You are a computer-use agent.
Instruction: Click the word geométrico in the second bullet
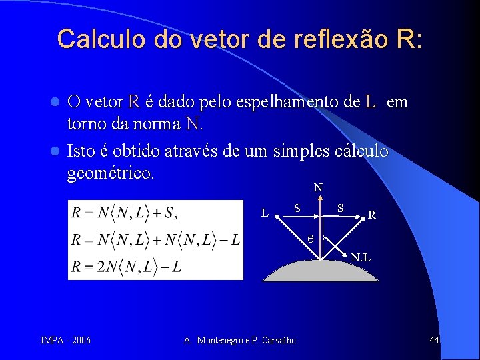click(111, 174)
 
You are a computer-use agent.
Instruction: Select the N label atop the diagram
click(318, 188)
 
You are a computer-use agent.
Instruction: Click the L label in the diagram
click(265, 213)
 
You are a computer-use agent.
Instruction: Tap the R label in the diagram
click(372, 215)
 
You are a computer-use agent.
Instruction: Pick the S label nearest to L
click(299, 208)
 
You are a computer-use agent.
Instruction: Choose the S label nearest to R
click(340, 208)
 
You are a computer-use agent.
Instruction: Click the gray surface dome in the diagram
click(320, 272)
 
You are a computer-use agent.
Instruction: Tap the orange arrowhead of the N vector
click(319, 198)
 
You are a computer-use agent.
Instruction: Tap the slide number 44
click(434, 341)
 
